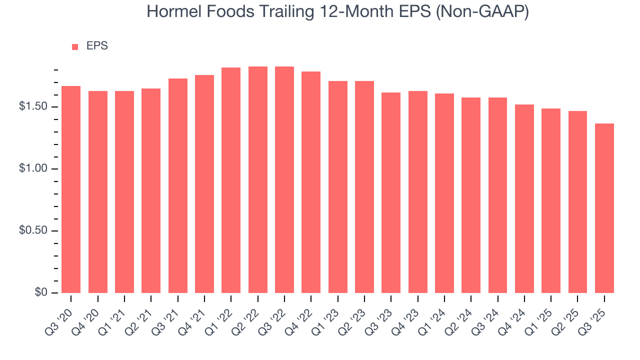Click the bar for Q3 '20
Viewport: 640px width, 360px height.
pos(71,189)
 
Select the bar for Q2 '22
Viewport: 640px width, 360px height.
pos(257,179)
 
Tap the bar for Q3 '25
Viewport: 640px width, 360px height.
pos(604,208)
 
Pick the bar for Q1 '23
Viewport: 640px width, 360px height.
pos(337,187)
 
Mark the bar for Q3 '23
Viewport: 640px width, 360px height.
pos(391,192)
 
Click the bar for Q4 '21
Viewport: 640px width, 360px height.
pos(204,184)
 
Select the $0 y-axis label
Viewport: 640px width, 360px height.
pos(40,292)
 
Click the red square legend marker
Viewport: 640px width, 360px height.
pos(75,46)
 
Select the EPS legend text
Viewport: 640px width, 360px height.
pos(97,46)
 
